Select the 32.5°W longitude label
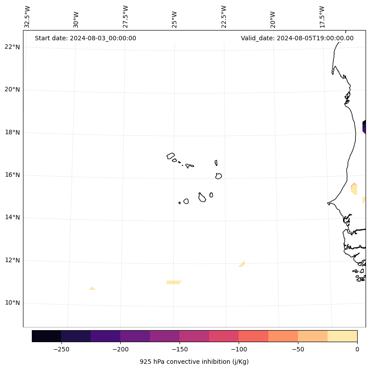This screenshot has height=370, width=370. click(27, 17)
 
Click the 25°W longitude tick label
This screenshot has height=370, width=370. click(175, 17)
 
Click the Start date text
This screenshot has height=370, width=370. click(85, 38)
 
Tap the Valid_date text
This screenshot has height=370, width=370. click(297, 38)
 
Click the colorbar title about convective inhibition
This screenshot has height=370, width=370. click(194, 362)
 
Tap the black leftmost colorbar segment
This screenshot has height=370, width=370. click(46, 336)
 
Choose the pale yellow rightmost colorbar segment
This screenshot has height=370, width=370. click(342, 336)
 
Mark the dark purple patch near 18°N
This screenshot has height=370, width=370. click(364, 127)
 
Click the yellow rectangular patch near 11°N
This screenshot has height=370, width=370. click(173, 282)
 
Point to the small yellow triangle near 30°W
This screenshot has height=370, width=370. click(92, 289)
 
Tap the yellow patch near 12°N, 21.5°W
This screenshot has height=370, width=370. click(242, 264)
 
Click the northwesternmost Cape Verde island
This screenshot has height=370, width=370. click(171, 156)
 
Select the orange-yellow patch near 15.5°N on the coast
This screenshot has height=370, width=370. click(354, 189)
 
